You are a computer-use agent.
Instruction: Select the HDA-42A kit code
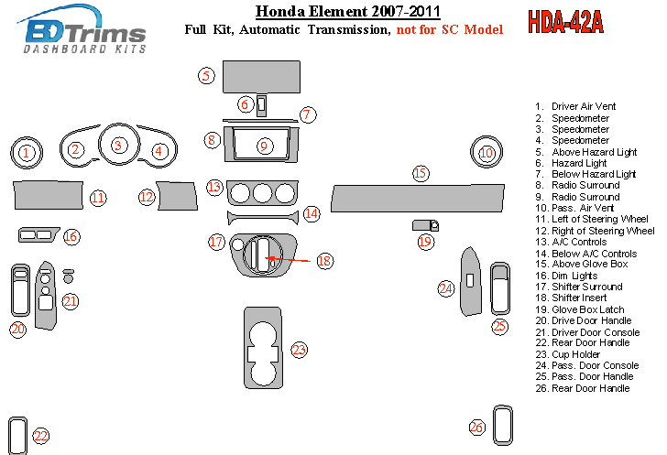pyautogui.click(x=565, y=23)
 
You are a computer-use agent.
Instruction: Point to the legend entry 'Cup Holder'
pyautogui.click(x=574, y=354)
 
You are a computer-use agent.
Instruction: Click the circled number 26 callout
pyautogui.click(x=476, y=427)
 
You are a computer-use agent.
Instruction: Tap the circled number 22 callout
pyautogui.click(x=40, y=436)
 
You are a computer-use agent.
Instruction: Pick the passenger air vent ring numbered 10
pyautogui.click(x=486, y=153)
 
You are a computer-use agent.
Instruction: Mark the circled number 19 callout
pyautogui.click(x=425, y=242)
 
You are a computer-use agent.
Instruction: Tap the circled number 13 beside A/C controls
pyautogui.click(x=213, y=187)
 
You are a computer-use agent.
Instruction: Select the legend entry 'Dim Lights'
pyautogui.click(x=574, y=276)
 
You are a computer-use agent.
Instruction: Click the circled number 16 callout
pyautogui.click(x=71, y=237)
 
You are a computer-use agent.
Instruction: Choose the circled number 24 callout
pyautogui.click(x=446, y=288)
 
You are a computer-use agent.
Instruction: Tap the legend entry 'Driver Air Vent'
pyautogui.click(x=583, y=107)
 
